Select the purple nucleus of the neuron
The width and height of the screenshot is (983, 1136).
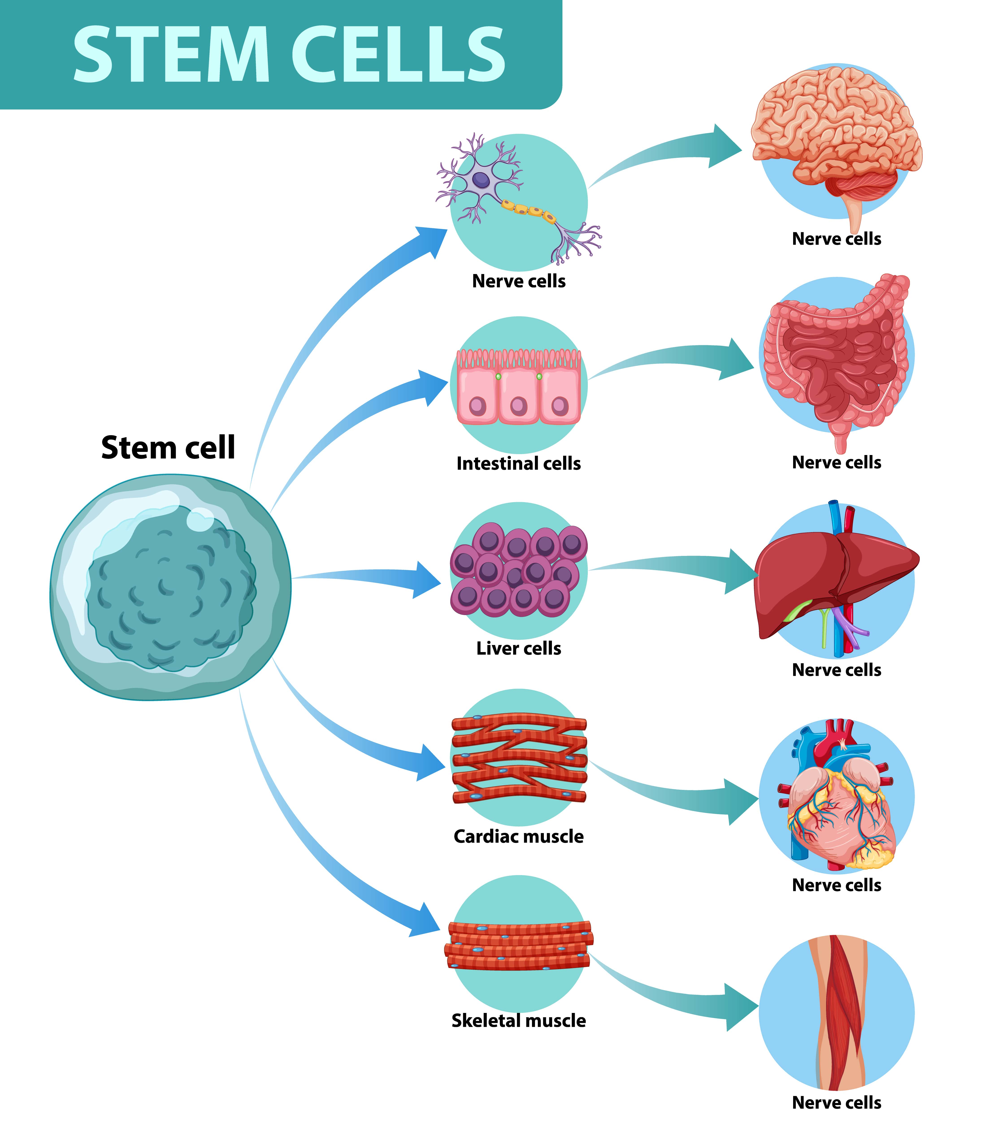coord(481,179)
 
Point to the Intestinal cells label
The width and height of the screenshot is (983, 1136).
coord(518,464)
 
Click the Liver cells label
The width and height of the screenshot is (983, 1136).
coord(518,648)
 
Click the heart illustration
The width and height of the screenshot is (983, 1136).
coord(837,806)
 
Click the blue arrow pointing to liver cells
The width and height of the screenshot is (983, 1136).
coord(384,577)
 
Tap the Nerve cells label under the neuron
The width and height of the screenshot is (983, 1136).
coord(518,281)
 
